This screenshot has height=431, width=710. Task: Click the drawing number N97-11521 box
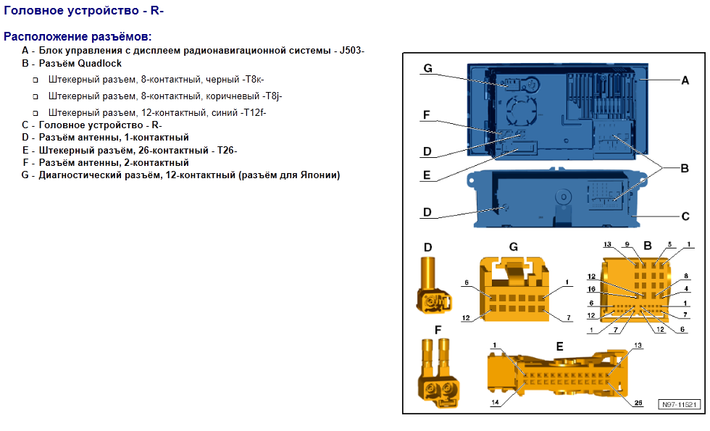pyautogui.click(x=679, y=404)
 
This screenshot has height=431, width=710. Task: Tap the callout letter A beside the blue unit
pyautogui.click(x=685, y=80)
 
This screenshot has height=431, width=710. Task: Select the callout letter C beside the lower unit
pyautogui.click(x=685, y=217)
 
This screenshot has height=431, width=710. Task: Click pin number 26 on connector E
pyautogui.click(x=638, y=403)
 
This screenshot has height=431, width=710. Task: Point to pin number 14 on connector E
pyautogui.click(x=496, y=401)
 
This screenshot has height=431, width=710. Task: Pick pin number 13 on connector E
pyautogui.click(x=638, y=346)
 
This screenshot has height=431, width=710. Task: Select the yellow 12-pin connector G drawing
pyautogui.click(x=515, y=289)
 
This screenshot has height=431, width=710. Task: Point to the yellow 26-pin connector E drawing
pyautogui.click(x=557, y=374)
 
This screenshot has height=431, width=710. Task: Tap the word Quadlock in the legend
pyautogui.click(x=100, y=64)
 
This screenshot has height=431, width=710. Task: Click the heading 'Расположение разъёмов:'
pyautogui.click(x=78, y=37)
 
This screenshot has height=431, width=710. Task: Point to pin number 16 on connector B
pyautogui.click(x=591, y=289)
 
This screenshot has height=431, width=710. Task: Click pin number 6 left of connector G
pyautogui.click(x=467, y=283)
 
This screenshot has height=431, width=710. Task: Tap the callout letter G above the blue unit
pyautogui.click(x=428, y=68)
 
